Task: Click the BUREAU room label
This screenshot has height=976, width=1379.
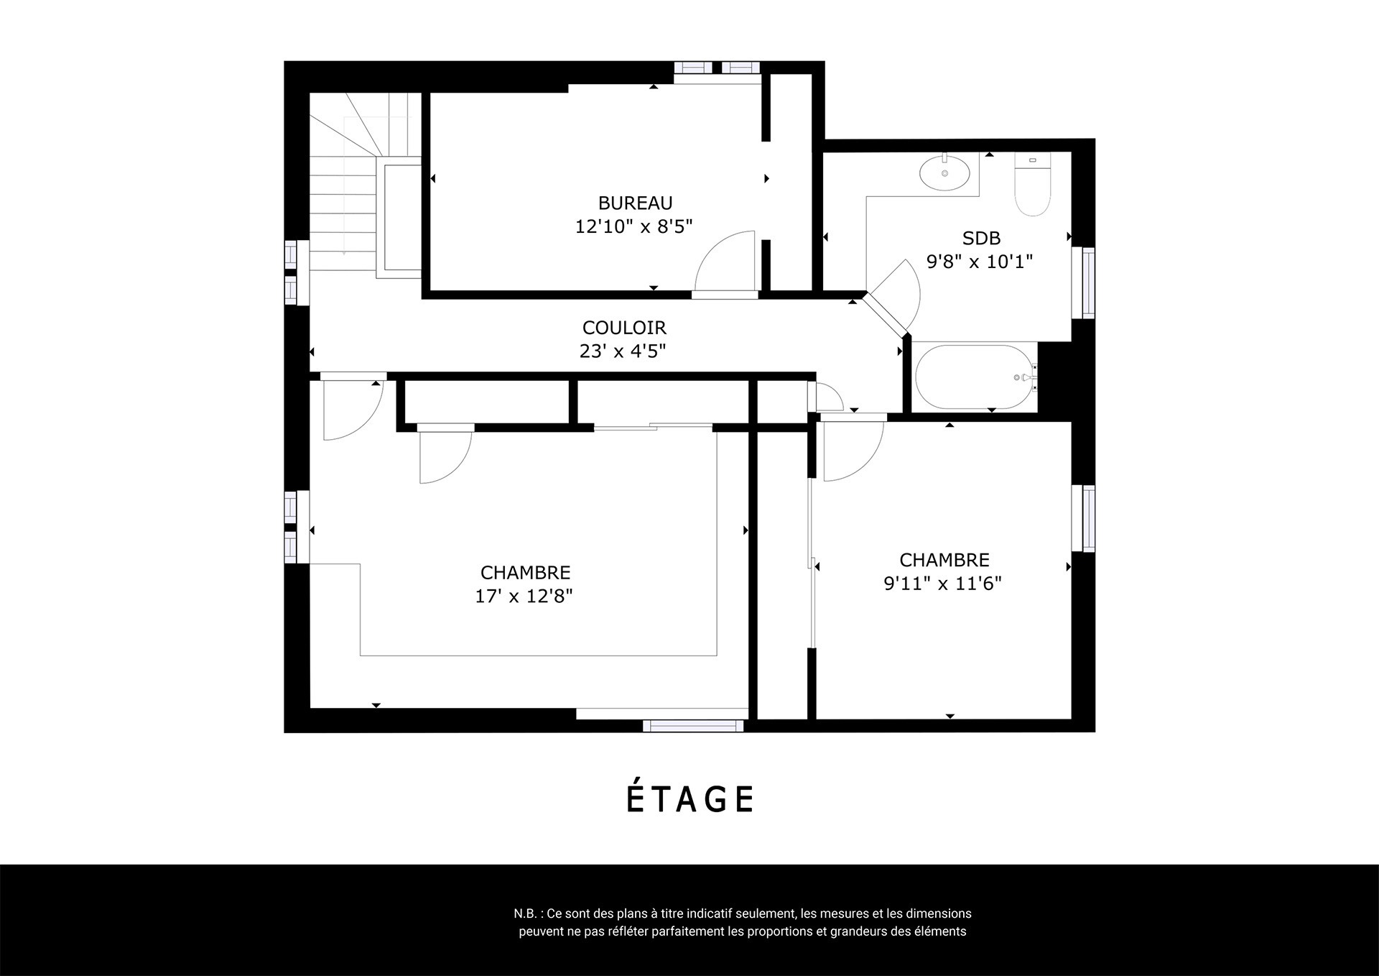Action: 635,203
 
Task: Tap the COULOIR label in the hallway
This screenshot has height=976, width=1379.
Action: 624,328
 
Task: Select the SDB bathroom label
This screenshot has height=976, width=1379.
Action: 981,238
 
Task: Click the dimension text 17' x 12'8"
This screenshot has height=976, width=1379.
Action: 524,596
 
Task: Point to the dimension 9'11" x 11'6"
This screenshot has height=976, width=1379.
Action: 942,583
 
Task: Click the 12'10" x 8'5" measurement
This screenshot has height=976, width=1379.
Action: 633,226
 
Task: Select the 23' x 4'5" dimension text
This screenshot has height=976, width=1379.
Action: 623,351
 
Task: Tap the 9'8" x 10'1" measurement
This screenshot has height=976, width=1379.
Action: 980,261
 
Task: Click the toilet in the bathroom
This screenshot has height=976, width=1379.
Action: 1031,184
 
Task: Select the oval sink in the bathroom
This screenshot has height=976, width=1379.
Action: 944,172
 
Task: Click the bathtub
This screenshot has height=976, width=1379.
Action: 975,377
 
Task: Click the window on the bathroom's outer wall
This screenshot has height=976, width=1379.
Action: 1088,282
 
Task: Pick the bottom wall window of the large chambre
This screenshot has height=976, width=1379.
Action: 693,725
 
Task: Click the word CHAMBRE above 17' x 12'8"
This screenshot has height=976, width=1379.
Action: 525,573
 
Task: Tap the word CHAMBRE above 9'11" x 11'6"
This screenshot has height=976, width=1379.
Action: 944,560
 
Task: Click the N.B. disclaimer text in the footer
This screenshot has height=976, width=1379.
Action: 743,923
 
